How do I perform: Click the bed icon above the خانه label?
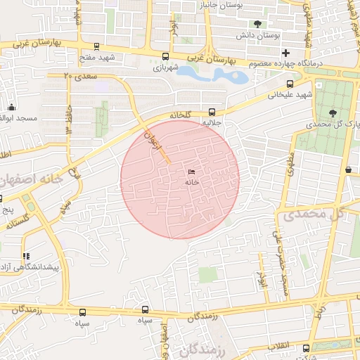click(x=192, y=172)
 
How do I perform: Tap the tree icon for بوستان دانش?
click(x=259, y=24)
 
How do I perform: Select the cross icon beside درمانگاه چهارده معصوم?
click(x=285, y=53)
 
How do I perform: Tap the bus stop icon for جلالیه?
click(x=212, y=112)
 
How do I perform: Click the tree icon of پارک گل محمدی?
click(x=333, y=112)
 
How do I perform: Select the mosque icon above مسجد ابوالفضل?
click(x=11, y=108)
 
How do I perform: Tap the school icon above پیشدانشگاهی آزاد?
click(x=26, y=256)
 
